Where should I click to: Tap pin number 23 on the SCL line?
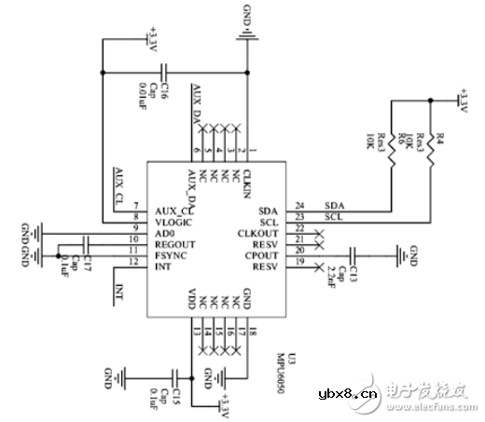[x=300, y=217]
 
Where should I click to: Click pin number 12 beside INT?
[x=135, y=265]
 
